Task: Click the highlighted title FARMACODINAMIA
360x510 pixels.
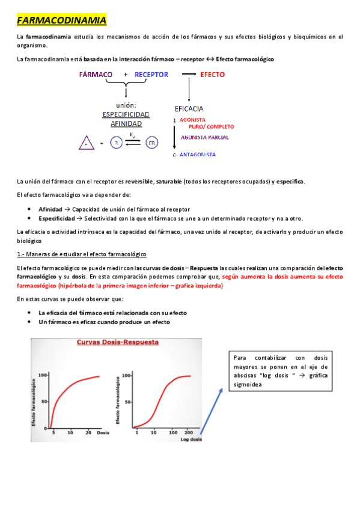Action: pos(62,21)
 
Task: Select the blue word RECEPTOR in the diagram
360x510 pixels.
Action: pos(151,75)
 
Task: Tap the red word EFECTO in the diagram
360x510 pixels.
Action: pos(212,75)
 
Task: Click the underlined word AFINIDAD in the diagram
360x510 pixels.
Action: pos(126,124)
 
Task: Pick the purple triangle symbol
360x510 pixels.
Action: pos(87,143)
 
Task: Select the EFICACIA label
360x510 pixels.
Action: pos(189,109)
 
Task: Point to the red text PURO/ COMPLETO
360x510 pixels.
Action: pos(211,127)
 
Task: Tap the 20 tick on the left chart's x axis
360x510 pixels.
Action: pos(88,433)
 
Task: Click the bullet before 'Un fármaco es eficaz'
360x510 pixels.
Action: pos(30,322)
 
